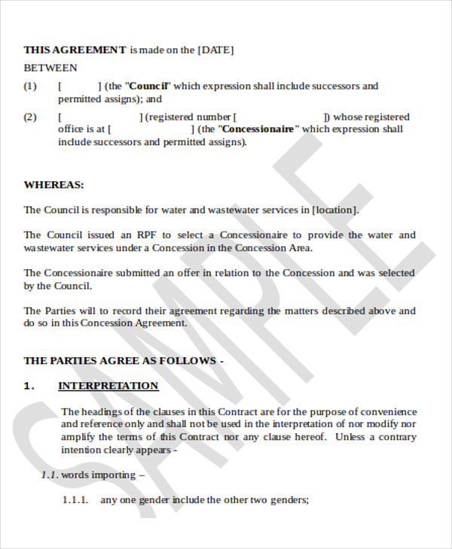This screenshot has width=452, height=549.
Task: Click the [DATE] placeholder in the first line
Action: pos(215,50)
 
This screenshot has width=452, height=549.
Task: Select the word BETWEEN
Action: pos(50,68)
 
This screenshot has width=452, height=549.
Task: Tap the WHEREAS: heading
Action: pos(53,185)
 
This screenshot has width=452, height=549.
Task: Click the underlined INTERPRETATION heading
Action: pos(108,386)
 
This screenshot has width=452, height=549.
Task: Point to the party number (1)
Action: pos(30,86)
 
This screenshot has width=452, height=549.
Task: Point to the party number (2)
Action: pos(30,117)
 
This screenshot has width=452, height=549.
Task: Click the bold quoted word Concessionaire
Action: pos(258,129)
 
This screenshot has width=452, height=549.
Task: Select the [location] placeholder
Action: pos(335,210)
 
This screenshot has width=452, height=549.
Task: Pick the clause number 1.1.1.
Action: pos(75,499)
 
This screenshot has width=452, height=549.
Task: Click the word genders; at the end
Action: pos(290,499)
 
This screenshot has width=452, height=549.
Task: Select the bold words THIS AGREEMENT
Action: pos(75,50)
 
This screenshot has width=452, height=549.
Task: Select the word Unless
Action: pos(353,438)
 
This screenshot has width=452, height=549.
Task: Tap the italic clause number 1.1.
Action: pos(49,475)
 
